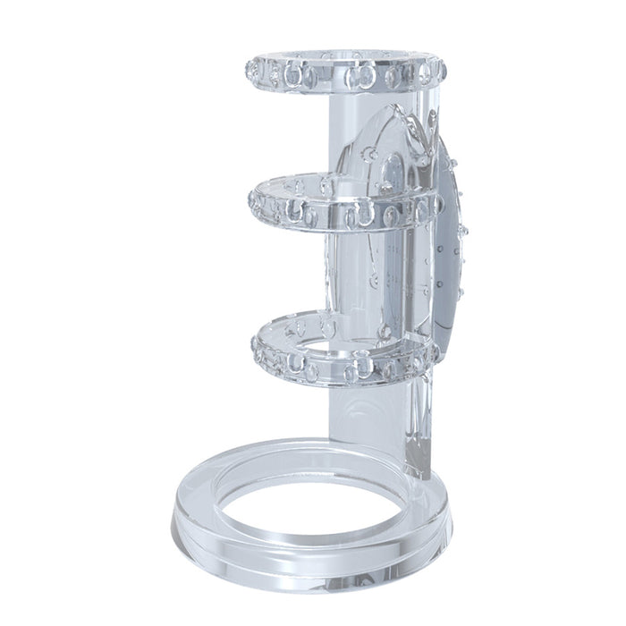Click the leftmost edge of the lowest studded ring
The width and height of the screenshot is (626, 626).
point(253,344)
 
